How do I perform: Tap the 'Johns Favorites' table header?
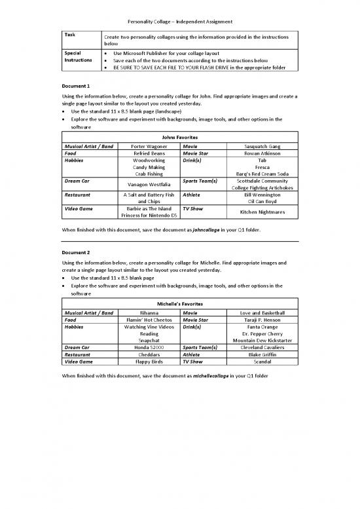tap(179, 136)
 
